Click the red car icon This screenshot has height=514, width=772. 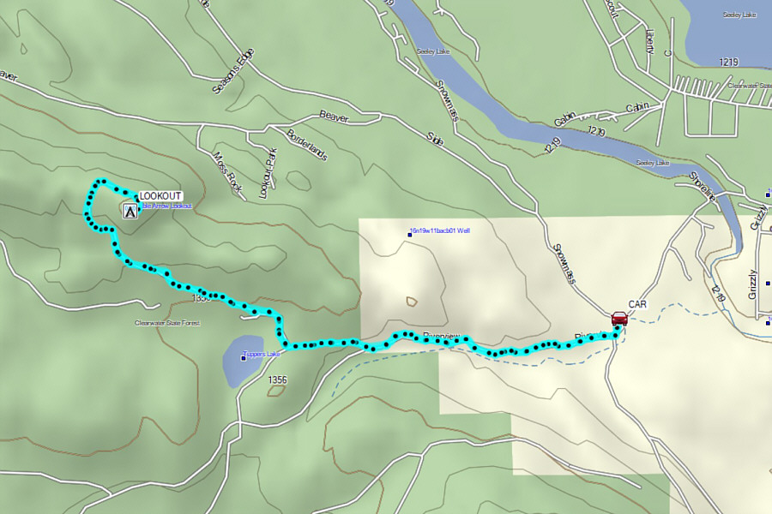pyautogui.click(x=618, y=319)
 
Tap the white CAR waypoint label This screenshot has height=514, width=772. pyautogui.click(x=637, y=304)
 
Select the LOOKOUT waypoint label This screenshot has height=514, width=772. pyautogui.click(x=160, y=196)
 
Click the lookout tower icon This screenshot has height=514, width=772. pyautogui.click(x=130, y=209)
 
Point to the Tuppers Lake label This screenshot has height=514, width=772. pyautogui.click(x=262, y=354)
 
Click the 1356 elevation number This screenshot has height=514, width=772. pyautogui.click(x=277, y=379)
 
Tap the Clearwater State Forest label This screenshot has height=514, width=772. pyautogui.click(x=167, y=323)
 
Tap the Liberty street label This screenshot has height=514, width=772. pyautogui.click(x=649, y=42)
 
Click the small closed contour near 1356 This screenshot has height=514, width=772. pyautogui.click(x=275, y=391)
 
